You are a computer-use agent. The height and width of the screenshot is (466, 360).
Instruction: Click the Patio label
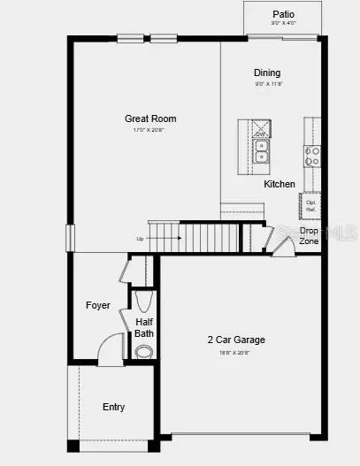pos(283,14)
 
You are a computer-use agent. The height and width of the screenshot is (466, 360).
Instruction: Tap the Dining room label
pos(267,73)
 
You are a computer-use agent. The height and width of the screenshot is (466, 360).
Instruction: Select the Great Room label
pos(150,118)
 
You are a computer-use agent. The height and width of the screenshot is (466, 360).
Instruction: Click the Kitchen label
pos(280,184)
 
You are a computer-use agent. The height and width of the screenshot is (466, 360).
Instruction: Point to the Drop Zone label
pos(309,235)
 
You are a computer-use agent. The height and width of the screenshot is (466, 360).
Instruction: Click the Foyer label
pos(98,305)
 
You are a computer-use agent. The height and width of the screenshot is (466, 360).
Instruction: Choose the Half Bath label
pos(144,328)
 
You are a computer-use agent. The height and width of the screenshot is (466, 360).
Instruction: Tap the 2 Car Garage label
pos(236,340)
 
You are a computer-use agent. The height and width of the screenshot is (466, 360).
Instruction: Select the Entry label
pos(113,408)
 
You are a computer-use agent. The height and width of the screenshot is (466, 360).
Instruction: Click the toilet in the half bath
pos(143,351)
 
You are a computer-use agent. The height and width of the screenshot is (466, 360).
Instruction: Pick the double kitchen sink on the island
pos(262,152)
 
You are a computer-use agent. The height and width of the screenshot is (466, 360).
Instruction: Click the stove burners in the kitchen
pos(312,157)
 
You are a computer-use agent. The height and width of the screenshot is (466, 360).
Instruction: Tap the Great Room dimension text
pos(149,130)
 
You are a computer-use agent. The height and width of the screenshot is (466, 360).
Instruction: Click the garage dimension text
pos(235,352)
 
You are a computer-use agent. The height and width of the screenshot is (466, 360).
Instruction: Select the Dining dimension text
pos(266,84)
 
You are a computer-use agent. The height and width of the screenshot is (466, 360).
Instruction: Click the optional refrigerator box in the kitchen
pos(311,205)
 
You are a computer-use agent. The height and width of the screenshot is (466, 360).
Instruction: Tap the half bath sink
pos(145,301)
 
